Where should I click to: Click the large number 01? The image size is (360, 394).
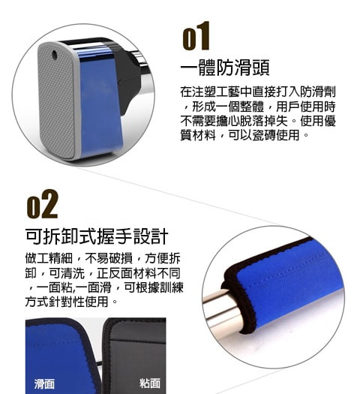tap(196, 36)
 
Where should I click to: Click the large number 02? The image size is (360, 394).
tap(43, 204)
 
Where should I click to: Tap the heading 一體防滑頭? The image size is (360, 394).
tap(225, 68)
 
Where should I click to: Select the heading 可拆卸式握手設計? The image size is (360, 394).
tap(97, 236)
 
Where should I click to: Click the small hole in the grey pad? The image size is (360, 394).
tap(55, 54)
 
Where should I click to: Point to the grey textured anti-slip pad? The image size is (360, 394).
tap(57, 101)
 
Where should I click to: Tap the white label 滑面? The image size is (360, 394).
tap(44, 383)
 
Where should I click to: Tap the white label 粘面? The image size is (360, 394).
tap(150, 383)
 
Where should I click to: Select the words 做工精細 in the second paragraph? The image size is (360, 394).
tap(49, 258)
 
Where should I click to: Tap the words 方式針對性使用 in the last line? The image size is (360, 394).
tap(67, 302)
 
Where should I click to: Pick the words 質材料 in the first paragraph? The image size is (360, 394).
tap(198, 135)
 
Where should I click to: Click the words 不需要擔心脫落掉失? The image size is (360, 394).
tap(234, 121)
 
